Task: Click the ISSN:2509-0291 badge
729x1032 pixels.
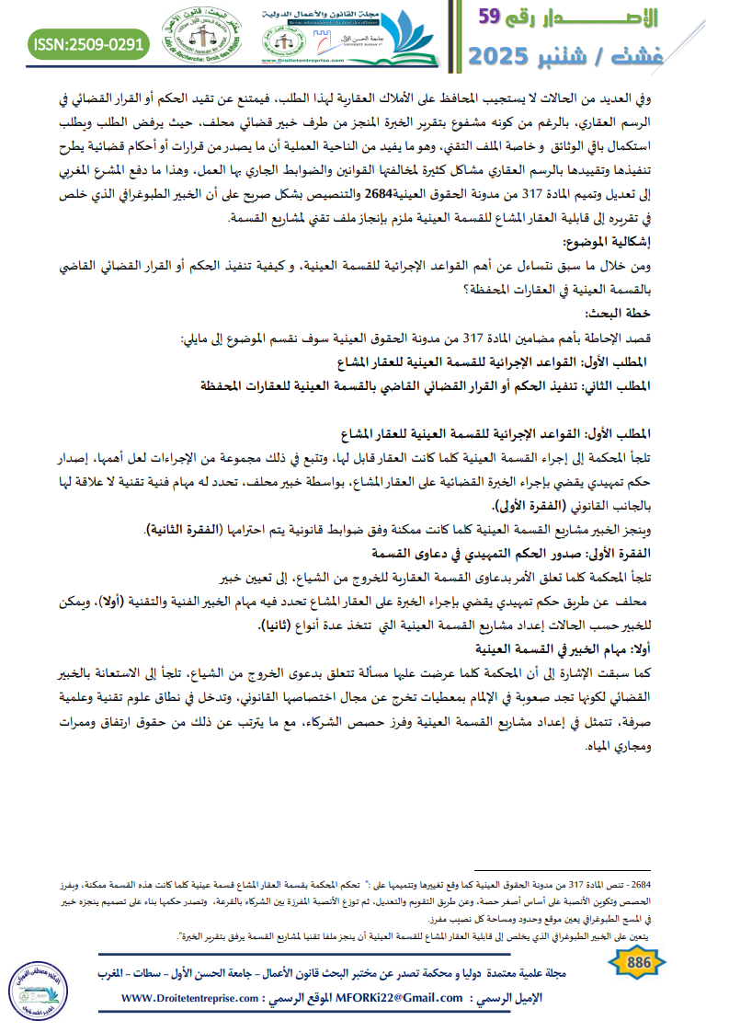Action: coord(88,43)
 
